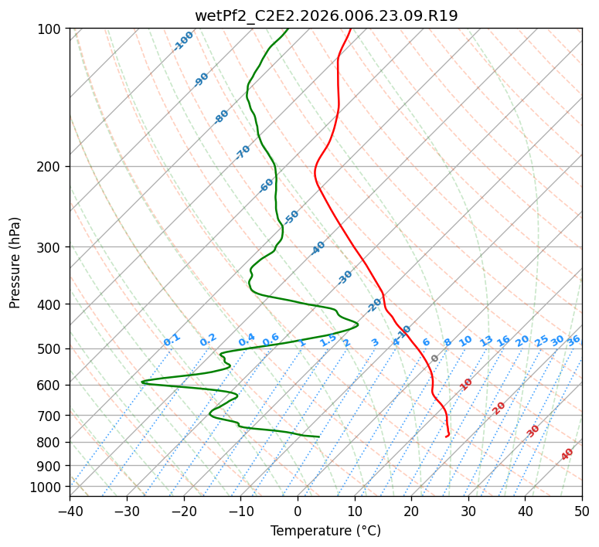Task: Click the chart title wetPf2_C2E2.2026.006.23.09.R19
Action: (326, 16)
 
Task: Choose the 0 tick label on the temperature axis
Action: (298, 511)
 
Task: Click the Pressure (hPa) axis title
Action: (15, 263)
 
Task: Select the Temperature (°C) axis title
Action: (326, 531)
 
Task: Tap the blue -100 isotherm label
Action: (183, 41)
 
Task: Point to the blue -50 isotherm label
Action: (291, 217)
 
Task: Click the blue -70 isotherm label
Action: (243, 152)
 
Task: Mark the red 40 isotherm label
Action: (567, 454)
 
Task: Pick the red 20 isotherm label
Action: (499, 409)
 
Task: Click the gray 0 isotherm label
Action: (434, 358)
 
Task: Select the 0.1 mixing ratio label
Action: (172, 340)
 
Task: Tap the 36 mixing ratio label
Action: (573, 341)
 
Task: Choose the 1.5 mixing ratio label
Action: (328, 340)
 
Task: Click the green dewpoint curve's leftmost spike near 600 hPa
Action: (141, 382)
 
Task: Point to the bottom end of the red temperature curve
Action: (446, 437)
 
